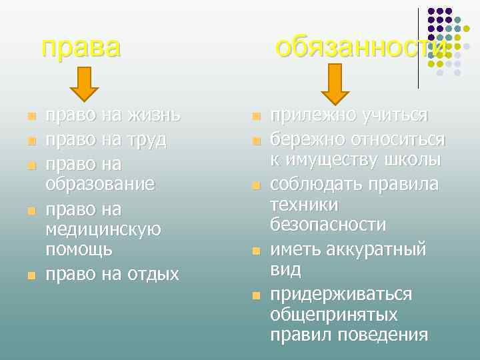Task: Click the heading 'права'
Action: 81,48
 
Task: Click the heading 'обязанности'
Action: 361,48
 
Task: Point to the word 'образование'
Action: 100,183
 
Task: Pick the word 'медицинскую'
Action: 103,229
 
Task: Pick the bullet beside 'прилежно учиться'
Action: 254,117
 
